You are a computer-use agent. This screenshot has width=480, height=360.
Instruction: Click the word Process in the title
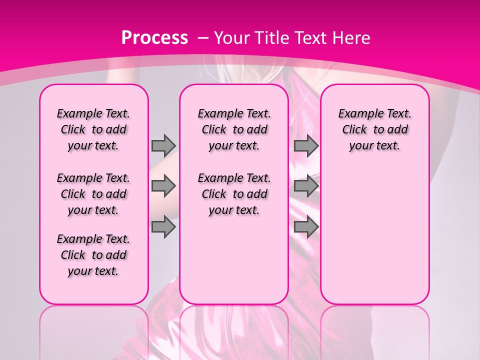point(154,37)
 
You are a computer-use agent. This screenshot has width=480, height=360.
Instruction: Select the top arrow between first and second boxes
point(163,145)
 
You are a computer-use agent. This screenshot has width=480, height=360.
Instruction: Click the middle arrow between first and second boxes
point(163,186)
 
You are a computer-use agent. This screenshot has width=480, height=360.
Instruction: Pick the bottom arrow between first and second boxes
point(163,227)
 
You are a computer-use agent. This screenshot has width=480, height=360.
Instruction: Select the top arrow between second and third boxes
point(306,145)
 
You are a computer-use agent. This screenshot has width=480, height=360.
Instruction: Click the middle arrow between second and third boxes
point(306,186)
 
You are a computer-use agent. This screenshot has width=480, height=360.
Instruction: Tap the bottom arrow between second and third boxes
point(306,227)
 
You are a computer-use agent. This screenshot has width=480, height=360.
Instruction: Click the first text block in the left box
point(93,129)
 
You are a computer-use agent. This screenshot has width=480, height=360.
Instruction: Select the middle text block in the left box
point(93,194)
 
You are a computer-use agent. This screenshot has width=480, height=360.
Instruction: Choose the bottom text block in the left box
point(93,255)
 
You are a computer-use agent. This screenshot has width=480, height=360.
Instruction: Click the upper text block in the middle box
point(234,129)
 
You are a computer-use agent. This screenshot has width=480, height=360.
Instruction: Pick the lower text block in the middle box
point(234,194)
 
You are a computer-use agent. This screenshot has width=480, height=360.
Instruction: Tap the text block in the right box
point(374,129)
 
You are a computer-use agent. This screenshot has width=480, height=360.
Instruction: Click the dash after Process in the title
point(203,37)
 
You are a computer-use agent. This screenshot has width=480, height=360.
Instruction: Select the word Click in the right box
point(354,129)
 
